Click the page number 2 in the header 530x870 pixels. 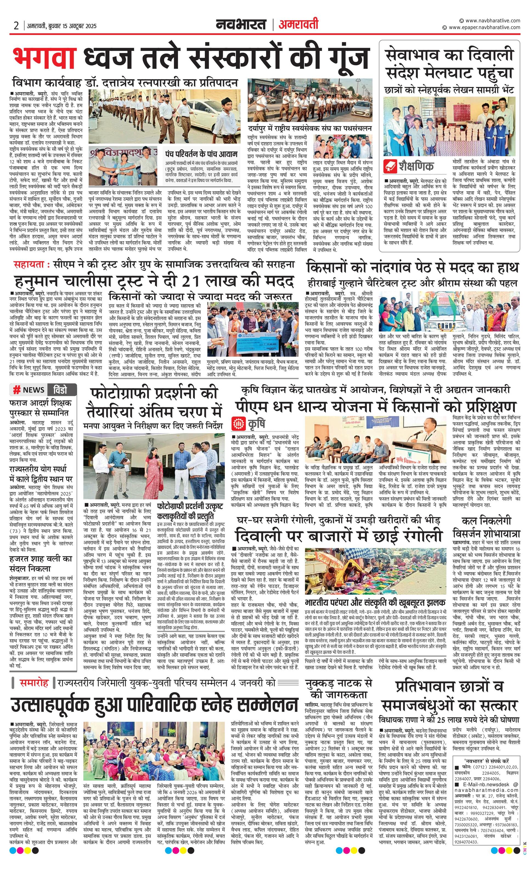click(x=16, y=26)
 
